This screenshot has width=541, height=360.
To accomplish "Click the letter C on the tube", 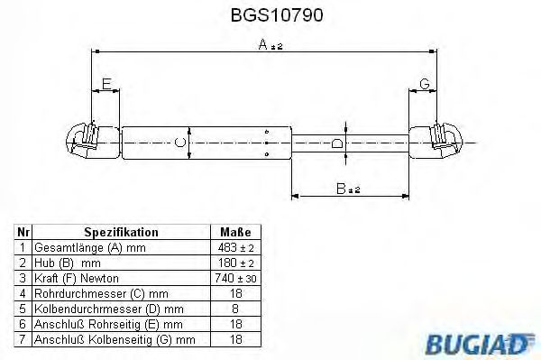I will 180,143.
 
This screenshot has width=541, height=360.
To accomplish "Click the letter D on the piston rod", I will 336,143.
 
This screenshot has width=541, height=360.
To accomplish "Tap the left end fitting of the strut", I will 88,142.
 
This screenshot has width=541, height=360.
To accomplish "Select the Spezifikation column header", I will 121,232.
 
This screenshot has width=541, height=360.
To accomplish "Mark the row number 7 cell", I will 22,339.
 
